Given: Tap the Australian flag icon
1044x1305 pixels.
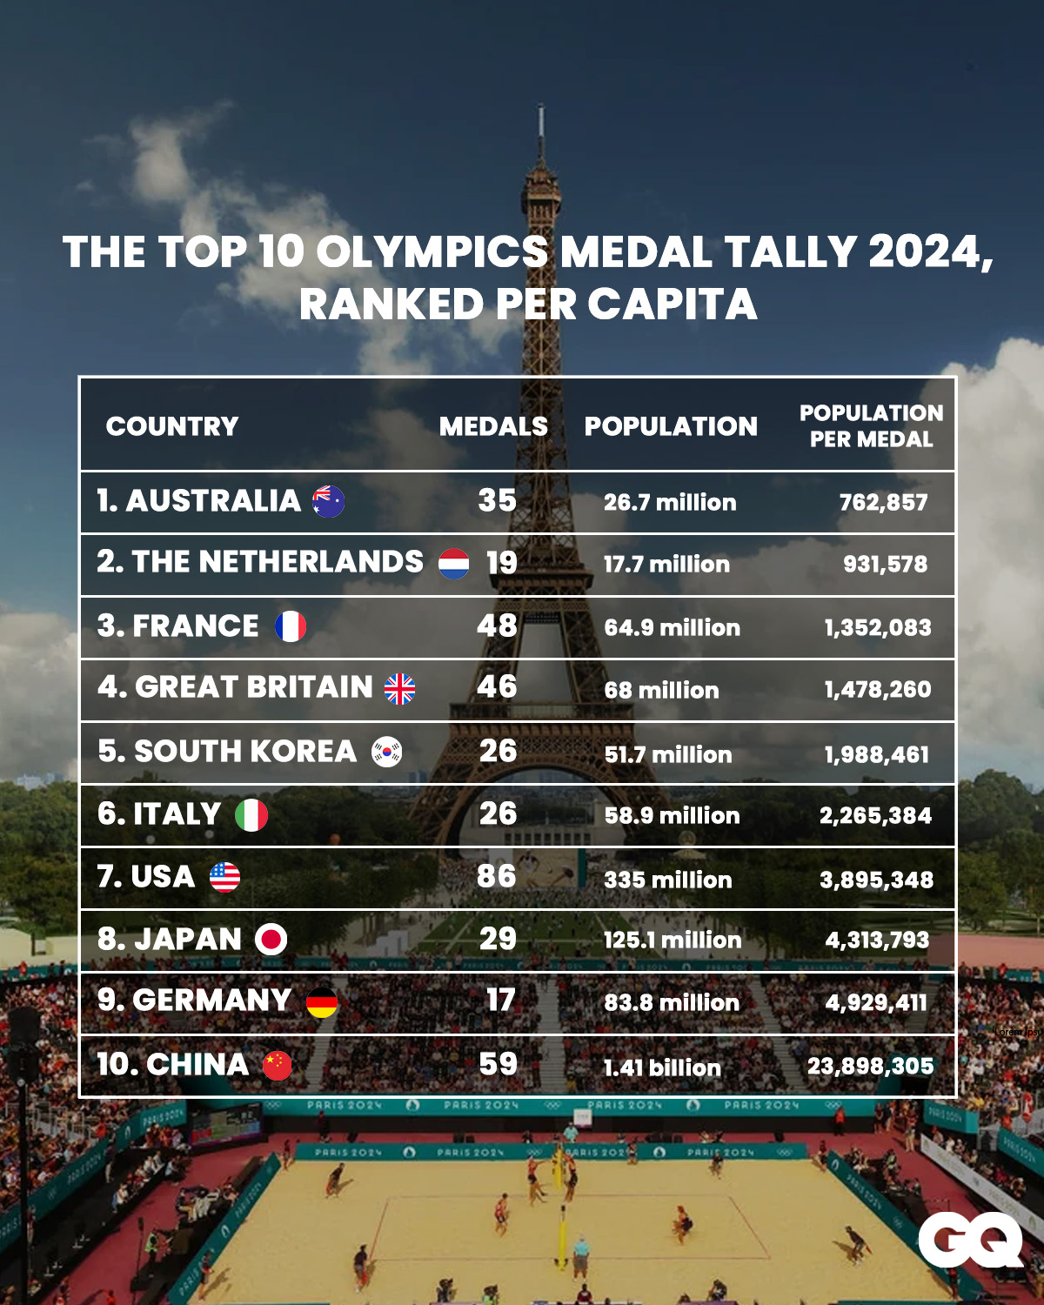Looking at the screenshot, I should pyautogui.click(x=328, y=502).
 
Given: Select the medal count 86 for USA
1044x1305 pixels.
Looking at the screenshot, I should pyautogui.click(x=496, y=876).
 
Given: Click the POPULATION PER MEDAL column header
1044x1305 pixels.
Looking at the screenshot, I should pyautogui.click(x=871, y=426).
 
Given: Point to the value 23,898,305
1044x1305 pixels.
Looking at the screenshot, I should pyautogui.click(x=870, y=1066).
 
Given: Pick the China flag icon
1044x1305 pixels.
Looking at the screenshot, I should pyautogui.click(x=278, y=1065).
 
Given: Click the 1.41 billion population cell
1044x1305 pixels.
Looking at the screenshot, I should pyautogui.click(x=662, y=1067).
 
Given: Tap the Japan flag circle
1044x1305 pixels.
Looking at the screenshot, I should pyautogui.click(x=271, y=940).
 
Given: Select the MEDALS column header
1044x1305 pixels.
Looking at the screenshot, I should pyautogui.click(x=493, y=426).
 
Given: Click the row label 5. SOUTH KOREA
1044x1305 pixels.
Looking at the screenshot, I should pyautogui.click(x=227, y=752).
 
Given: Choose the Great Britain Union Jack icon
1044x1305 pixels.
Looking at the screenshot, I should pyautogui.click(x=400, y=689).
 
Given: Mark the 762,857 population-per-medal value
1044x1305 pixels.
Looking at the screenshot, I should pyautogui.click(x=883, y=503).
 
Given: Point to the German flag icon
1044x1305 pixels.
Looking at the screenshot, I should pyautogui.click(x=321, y=1002).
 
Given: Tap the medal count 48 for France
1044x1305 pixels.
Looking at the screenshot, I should pyautogui.click(x=497, y=626).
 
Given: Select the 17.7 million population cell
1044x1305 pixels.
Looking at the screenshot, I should pyautogui.click(x=666, y=565).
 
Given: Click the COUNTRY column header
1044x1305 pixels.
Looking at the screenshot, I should pyautogui.click(x=172, y=426).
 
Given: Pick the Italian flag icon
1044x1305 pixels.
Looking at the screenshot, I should pyautogui.click(x=251, y=815).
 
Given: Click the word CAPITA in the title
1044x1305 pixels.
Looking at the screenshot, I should pyautogui.click(x=672, y=304).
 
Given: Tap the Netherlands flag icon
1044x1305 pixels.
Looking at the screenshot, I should pyautogui.click(x=453, y=564).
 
